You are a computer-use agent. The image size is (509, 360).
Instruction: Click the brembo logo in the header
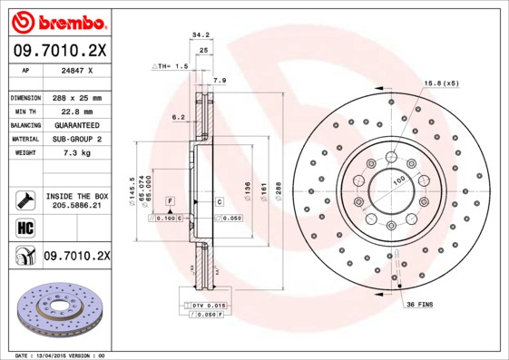point(59,20)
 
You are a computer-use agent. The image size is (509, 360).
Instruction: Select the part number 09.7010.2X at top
point(59,51)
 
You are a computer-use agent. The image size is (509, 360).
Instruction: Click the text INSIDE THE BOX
point(76,196)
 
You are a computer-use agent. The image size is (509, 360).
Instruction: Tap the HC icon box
point(24,228)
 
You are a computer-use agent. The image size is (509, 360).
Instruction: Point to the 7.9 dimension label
point(219,81)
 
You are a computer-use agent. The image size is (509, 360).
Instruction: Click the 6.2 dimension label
point(178,116)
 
